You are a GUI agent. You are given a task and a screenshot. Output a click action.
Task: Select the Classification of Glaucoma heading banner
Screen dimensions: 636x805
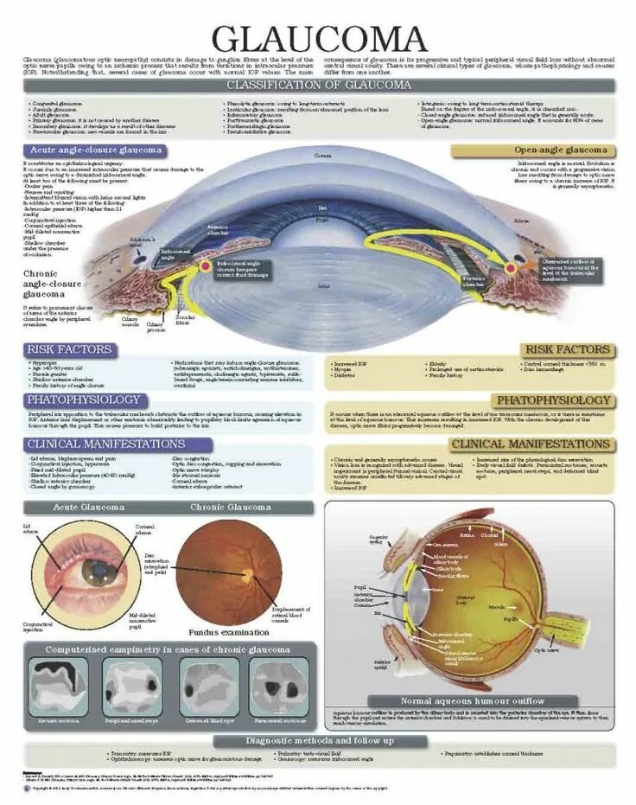click(318, 85)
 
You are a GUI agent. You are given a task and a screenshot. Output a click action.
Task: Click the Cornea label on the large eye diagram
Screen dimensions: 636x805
click(322, 156)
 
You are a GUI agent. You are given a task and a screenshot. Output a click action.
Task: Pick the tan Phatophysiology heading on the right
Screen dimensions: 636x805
click(553, 400)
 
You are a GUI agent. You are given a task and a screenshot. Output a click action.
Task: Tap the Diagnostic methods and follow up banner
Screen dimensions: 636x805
click(319, 740)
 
